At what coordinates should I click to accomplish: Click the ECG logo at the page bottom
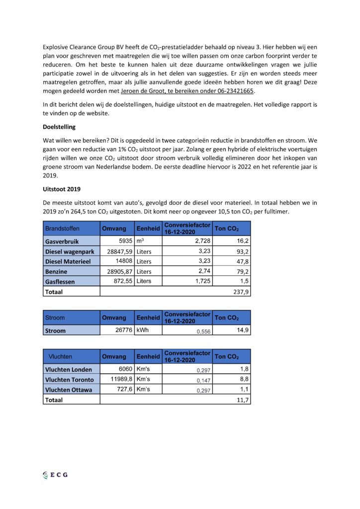tap(55, 475)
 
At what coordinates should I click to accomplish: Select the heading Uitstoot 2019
tap(61, 189)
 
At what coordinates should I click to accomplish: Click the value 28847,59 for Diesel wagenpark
tap(117, 252)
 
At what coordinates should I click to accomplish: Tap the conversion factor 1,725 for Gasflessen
tap(198, 281)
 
